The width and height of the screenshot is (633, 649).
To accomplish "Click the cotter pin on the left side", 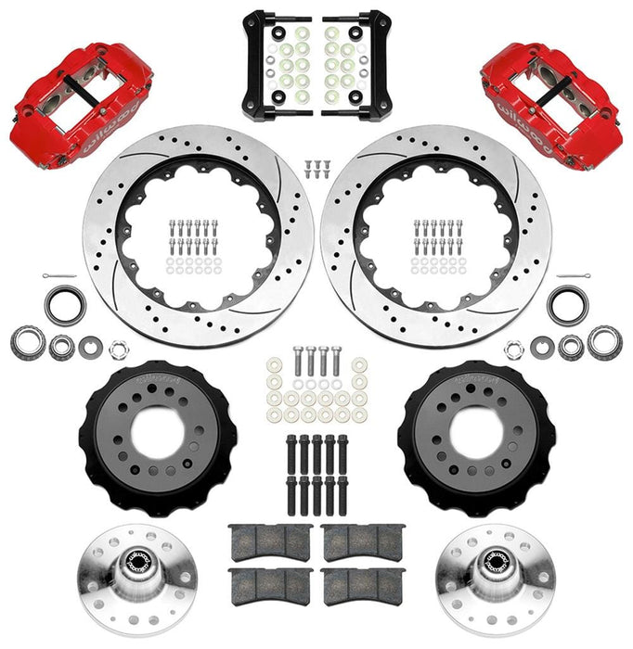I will point(58,279).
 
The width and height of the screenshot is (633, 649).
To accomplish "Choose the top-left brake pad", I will point(270,543).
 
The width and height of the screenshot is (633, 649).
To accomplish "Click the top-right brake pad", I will point(363,543).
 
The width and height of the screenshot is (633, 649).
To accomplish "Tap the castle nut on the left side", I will point(118,350).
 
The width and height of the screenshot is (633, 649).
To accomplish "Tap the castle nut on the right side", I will point(515,350).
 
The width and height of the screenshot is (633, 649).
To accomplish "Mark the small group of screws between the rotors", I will point(316,169).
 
